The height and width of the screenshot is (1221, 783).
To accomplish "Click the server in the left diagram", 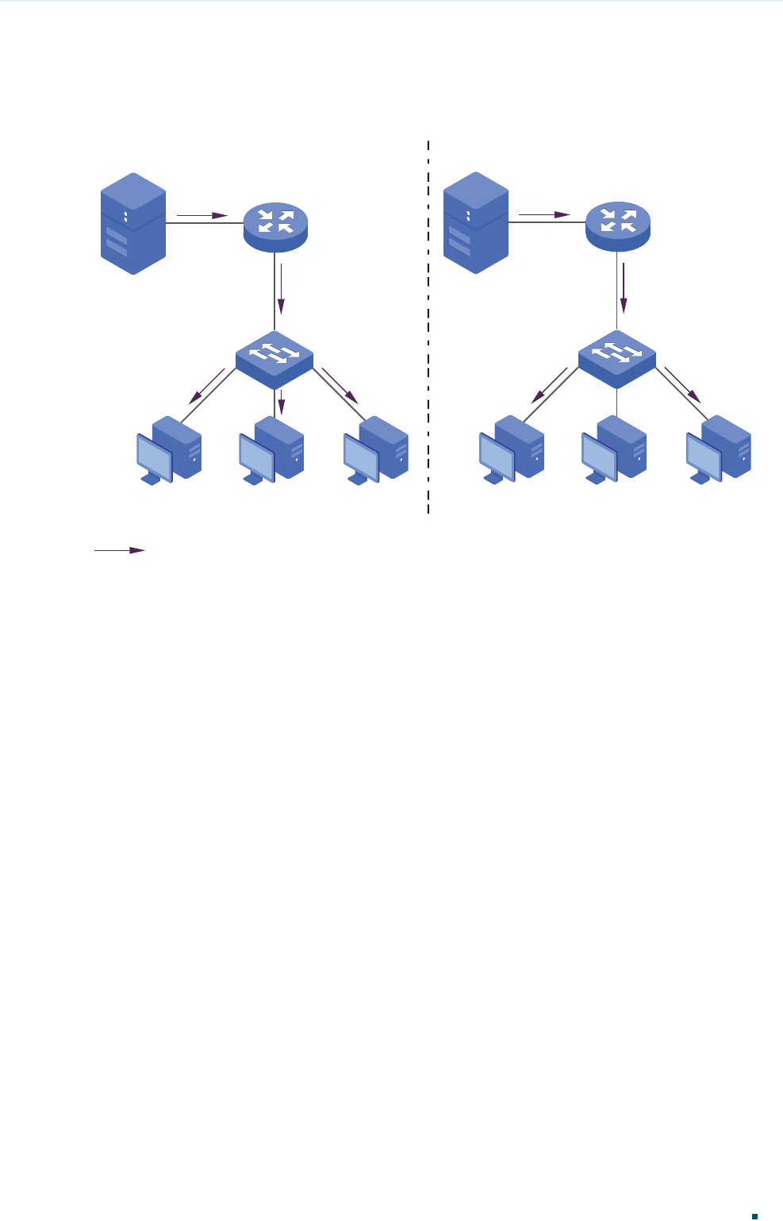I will coord(133,223).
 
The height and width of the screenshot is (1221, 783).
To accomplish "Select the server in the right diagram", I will coord(475,223).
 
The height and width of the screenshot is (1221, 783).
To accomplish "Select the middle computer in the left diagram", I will coord(271,450).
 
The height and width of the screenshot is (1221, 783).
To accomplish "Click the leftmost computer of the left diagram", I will coord(169,450).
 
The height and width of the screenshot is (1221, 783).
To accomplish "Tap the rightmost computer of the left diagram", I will coord(376,450).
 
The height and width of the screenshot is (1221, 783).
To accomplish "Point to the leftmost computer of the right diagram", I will coord(512,450).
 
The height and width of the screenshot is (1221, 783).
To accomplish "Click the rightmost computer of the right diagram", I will coord(718,450).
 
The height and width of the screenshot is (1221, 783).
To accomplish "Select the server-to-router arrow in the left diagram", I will coord(202,215).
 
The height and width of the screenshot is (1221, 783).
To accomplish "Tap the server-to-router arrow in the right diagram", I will coord(544,215).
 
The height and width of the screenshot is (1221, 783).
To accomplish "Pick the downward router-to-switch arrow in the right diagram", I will coord(624,288).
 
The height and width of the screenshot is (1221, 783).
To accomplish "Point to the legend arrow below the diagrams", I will coord(120,549).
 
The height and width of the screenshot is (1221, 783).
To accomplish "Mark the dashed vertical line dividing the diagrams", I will coord(428,325).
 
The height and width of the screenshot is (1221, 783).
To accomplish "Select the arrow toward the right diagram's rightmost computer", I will coord(682,386).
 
